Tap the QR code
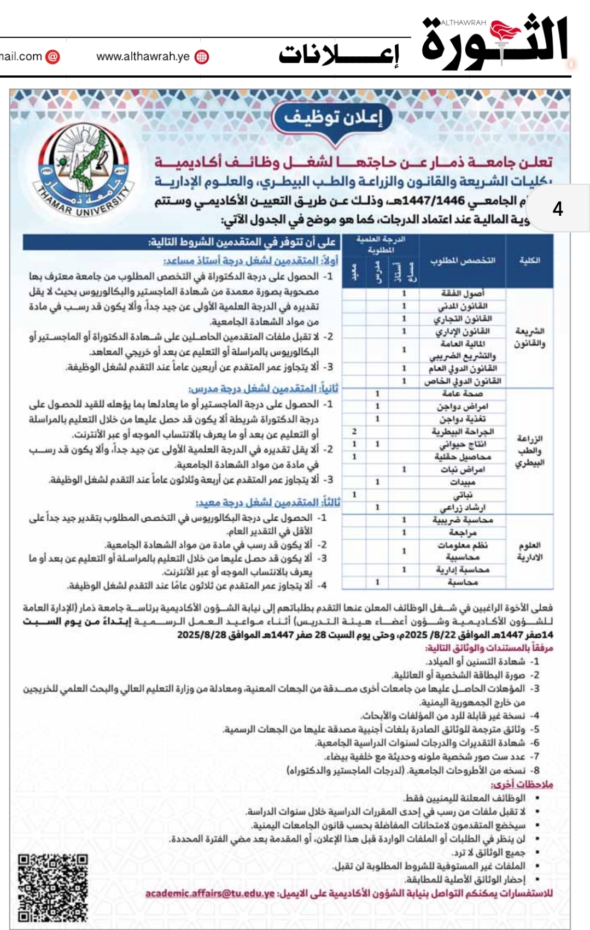point(52,887)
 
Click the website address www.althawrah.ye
point(143,56)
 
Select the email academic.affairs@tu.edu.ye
point(210,893)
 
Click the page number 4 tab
point(558,209)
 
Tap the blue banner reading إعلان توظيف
point(334,117)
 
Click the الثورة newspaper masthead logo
point(495,41)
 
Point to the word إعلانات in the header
point(339,55)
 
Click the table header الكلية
point(529,261)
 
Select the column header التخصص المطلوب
point(463,261)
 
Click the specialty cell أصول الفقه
point(463,293)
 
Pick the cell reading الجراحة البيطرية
point(463,432)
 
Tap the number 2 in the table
point(354,432)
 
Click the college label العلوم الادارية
point(529,551)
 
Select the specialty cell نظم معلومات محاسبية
point(463,551)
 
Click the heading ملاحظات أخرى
point(522,784)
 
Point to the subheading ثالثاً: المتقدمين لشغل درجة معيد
point(268,502)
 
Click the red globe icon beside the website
point(202,57)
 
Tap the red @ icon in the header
point(52,56)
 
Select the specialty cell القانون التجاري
point(463,319)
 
